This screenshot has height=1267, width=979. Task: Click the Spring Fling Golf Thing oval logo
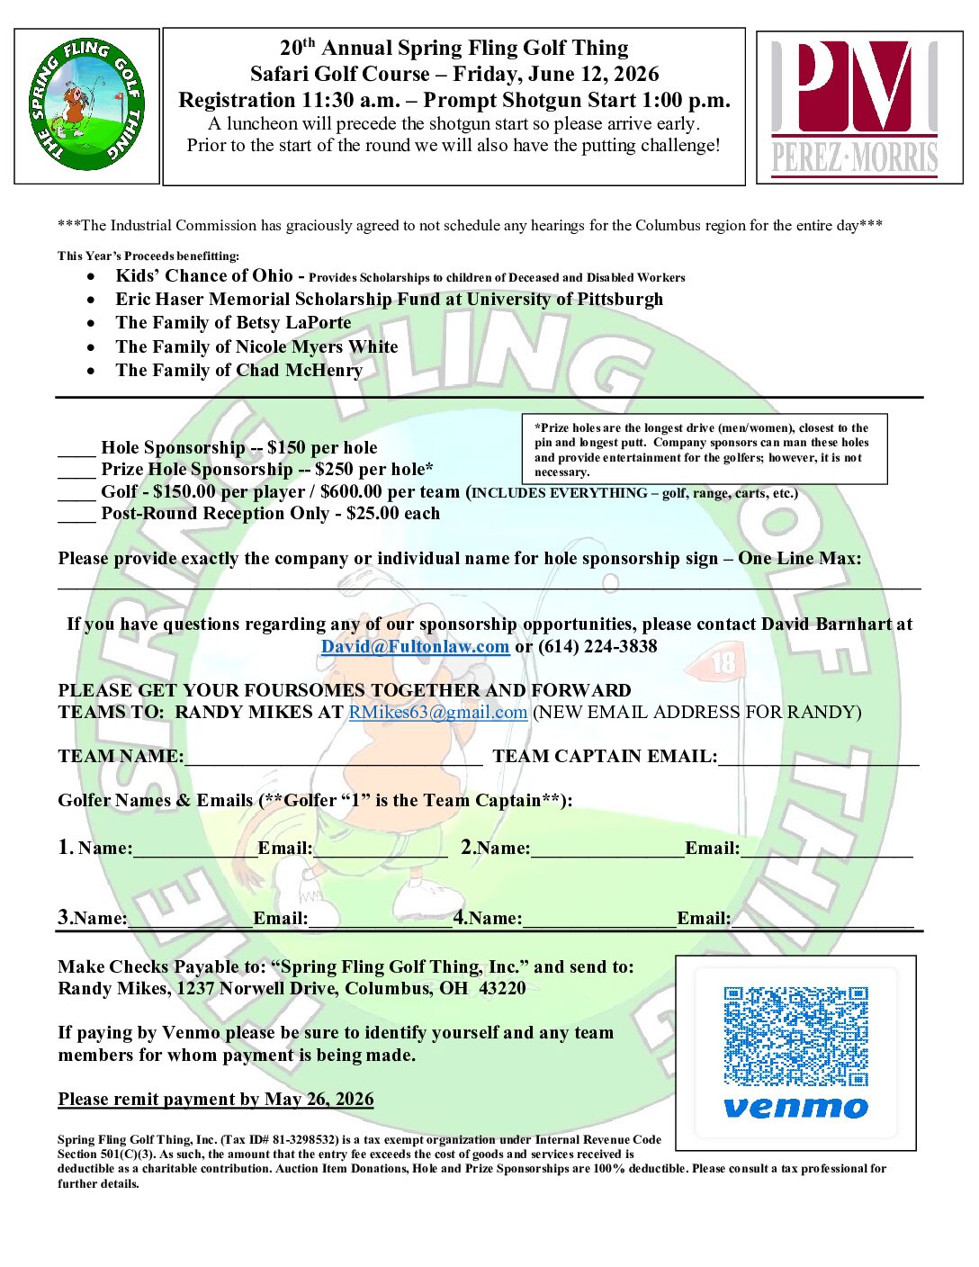(87, 104)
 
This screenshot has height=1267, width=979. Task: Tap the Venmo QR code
(795, 1036)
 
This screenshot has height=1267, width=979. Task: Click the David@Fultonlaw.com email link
(415, 646)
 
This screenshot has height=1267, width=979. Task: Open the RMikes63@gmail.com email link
(437, 712)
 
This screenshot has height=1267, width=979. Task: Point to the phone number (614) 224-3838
(597, 646)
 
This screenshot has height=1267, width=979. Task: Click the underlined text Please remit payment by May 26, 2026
(216, 1099)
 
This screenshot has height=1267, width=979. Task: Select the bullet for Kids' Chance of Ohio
(91, 277)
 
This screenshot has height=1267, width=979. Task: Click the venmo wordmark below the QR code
(795, 1107)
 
